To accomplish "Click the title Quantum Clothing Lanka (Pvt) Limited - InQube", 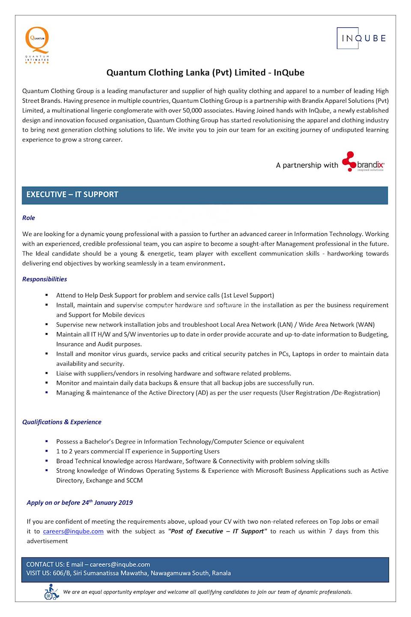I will [205, 72].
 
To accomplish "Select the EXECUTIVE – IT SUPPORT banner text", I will [72, 195].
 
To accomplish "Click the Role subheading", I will [29, 218].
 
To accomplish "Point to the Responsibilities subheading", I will [45, 279].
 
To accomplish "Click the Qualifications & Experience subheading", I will [62, 422].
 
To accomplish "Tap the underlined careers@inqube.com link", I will [73, 531].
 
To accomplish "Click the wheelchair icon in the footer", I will [51, 592].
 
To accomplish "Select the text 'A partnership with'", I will [307, 165].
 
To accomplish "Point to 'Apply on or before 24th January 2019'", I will [80, 503].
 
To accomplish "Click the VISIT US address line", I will [128, 573].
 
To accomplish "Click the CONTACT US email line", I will [88, 564].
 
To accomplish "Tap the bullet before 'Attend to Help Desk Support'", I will [47, 295].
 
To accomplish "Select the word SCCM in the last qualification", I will [134, 480].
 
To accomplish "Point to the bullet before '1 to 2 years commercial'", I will [47, 451].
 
